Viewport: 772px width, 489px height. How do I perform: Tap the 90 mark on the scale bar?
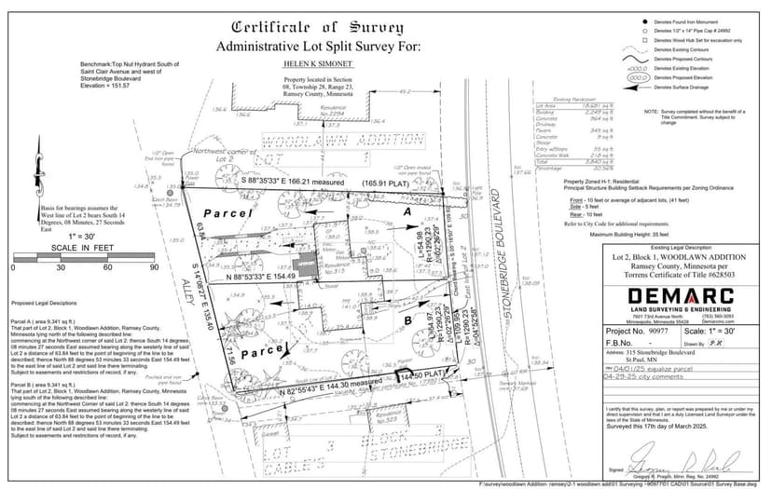[x=154, y=267]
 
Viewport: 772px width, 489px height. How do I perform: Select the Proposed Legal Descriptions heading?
[x=45, y=304]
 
